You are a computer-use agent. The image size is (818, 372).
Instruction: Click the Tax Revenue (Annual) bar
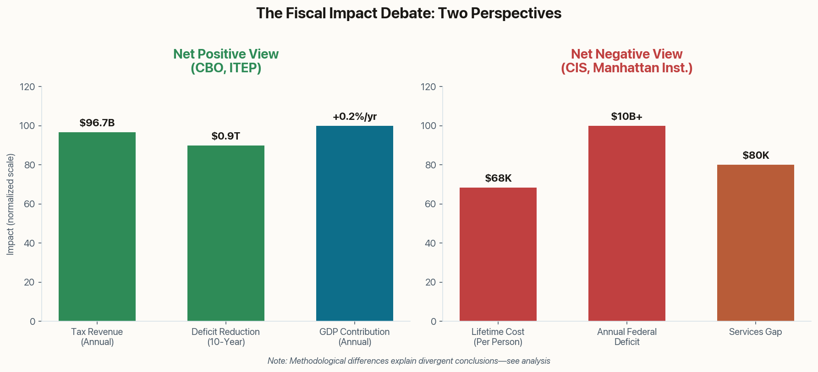click(97, 226)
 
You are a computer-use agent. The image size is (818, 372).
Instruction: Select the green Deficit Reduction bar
click(226, 233)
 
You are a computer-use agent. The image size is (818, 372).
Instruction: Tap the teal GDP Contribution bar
click(355, 223)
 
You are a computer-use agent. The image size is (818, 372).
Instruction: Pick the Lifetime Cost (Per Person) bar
click(498, 254)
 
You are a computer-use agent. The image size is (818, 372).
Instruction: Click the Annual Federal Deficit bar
click(627, 223)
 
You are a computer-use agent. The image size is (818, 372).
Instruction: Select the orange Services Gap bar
click(756, 243)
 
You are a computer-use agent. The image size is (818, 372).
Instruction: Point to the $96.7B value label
click(97, 123)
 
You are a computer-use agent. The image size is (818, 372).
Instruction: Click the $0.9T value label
click(226, 136)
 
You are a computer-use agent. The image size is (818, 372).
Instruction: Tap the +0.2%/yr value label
click(355, 116)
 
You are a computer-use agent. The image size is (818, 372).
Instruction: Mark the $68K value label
click(498, 178)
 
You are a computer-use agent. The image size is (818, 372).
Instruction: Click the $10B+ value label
click(627, 116)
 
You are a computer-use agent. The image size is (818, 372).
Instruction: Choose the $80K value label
click(756, 155)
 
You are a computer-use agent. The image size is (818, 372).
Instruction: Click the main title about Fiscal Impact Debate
click(409, 13)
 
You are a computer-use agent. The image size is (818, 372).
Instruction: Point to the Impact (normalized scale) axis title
click(11, 204)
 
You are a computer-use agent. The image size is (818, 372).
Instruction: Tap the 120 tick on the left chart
click(28, 87)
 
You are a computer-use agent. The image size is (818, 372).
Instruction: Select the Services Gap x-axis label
click(756, 332)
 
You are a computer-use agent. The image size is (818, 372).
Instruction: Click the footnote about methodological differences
click(409, 361)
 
